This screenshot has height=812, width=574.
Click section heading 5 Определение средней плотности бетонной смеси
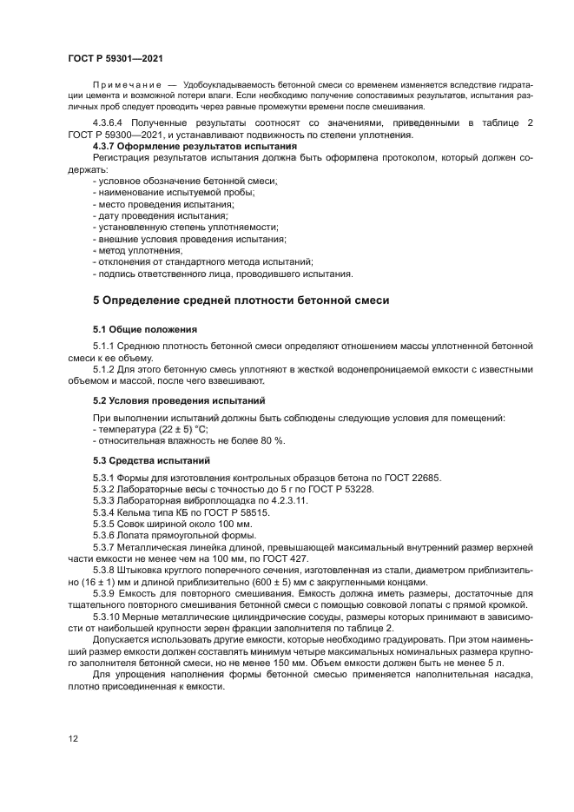coord(241,300)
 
